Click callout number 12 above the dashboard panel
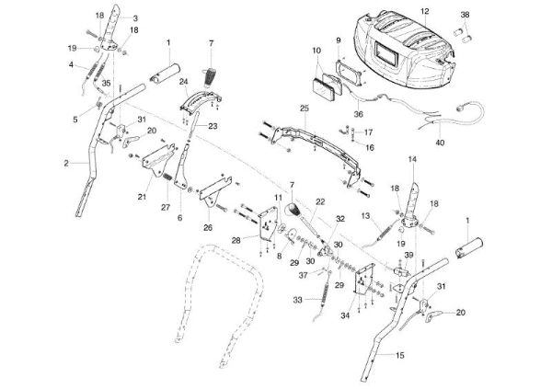[x=425, y=11]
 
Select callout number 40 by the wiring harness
[x=440, y=143]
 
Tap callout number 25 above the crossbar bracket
[x=305, y=109]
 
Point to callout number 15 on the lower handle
[x=400, y=355]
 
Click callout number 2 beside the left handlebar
[x=66, y=163]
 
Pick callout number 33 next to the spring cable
[x=298, y=301]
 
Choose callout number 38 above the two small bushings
[x=465, y=15]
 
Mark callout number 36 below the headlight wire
[x=359, y=114]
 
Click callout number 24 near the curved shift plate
[x=184, y=82]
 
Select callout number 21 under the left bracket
[x=142, y=197]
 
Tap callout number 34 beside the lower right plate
[x=345, y=315]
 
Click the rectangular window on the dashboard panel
[x=386, y=53]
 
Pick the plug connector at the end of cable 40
[x=459, y=109]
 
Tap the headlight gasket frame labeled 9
[x=349, y=72]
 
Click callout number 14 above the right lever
[x=412, y=159]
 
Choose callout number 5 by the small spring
[x=75, y=120]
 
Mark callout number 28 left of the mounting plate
[x=236, y=240]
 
